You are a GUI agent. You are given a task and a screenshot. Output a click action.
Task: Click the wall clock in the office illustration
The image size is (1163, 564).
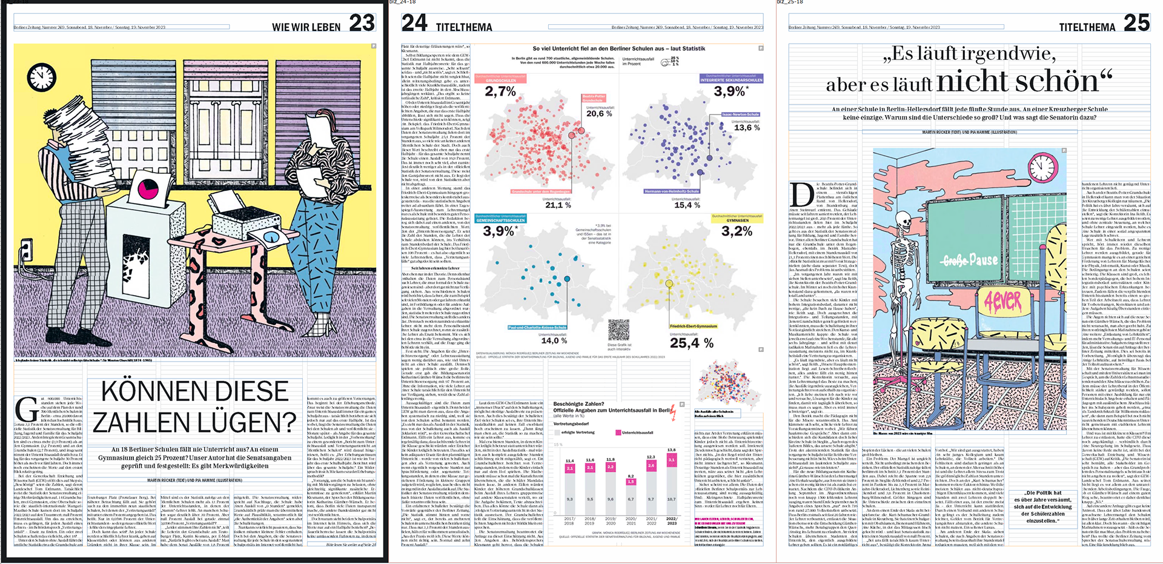[x=41, y=78]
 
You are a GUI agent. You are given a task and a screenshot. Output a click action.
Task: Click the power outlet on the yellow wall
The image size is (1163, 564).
[x=25, y=248]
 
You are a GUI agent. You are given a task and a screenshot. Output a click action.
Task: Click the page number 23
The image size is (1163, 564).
[x=362, y=24]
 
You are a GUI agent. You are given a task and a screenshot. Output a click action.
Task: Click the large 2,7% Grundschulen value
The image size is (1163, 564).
[x=500, y=91]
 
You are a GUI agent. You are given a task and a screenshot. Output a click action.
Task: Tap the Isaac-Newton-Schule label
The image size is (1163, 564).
[x=740, y=114]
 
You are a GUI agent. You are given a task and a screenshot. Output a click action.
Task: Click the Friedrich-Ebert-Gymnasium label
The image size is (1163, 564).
[x=693, y=326]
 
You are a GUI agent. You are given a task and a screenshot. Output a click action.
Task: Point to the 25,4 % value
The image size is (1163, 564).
[x=691, y=343]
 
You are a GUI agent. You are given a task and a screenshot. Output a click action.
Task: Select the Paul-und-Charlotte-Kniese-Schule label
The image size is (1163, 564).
[x=537, y=327]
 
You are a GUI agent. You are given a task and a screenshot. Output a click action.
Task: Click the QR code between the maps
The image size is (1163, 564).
[x=618, y=331]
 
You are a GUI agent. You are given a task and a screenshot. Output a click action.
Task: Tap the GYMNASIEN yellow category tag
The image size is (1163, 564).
[x=737, y=221]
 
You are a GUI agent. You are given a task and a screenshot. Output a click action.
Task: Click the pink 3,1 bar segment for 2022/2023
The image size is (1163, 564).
[x=671, y=460]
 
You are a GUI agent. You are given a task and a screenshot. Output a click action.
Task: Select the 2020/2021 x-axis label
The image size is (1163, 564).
[x=631, y=521]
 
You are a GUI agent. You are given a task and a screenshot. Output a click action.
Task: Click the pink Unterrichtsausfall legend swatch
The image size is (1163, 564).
[x=617, y=433]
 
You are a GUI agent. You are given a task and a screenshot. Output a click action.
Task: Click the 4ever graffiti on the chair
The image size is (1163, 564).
[x=1002, y=300]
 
